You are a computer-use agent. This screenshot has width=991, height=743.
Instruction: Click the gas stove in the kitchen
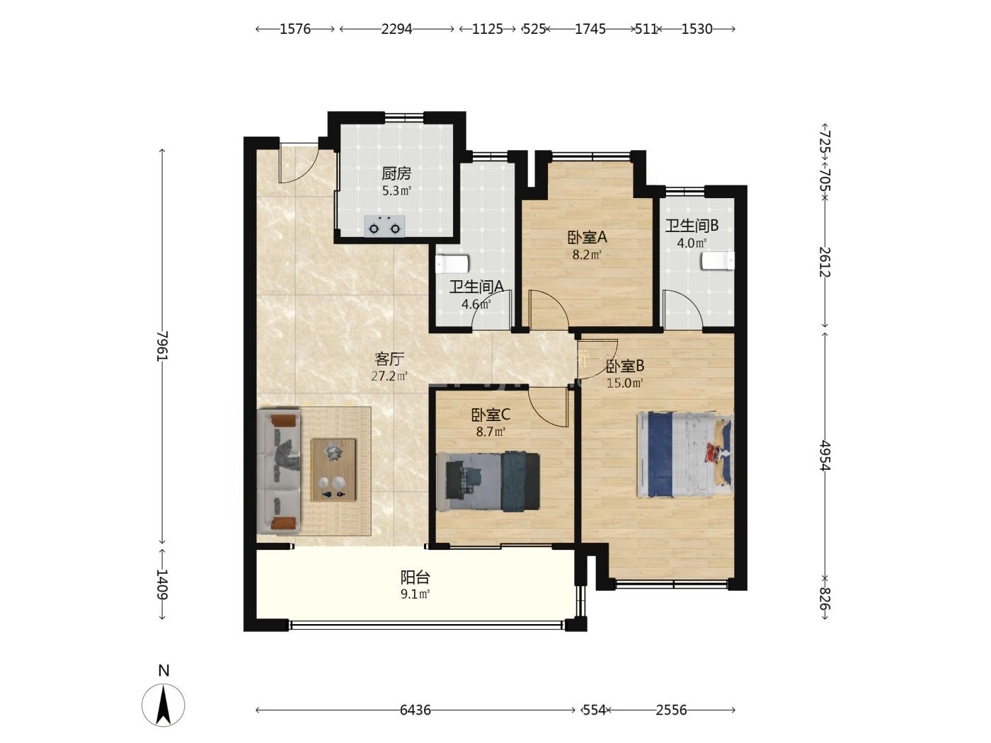(x=384, y=226)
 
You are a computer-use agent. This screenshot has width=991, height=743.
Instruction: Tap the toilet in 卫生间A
(x=452, y=264)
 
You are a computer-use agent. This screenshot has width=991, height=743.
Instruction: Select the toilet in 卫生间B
(x=718, y=260)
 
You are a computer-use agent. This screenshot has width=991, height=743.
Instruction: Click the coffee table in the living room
(x=333, y=470)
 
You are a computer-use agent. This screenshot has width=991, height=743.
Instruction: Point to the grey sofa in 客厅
(x=279, y=472)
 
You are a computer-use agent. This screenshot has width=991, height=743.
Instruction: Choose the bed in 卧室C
(x=488, y=482)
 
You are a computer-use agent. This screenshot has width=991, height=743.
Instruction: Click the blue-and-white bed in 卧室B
(x=685, y=454)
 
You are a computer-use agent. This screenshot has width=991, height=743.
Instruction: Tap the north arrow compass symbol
(x=164, y=705)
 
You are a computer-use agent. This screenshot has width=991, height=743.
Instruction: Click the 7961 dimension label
(x=162, y=346)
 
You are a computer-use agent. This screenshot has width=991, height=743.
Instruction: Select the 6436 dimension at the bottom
(x=416, y=710)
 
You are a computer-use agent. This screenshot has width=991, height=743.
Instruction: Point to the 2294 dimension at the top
(x=396, y=29)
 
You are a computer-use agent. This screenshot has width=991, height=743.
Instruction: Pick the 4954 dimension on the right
(x=825, y=455)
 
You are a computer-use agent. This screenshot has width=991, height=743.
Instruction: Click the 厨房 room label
(x=396, y=173)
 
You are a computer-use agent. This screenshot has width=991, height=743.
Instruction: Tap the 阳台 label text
(x=416, y=577)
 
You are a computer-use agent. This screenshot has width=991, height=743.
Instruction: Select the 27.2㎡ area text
(x=389, y=376)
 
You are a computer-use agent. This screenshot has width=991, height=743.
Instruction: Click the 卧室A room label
(x=587, y=237)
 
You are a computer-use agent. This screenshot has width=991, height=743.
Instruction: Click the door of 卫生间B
(x=682, y=309)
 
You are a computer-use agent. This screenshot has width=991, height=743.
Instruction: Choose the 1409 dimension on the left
(x=162, y=584)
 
